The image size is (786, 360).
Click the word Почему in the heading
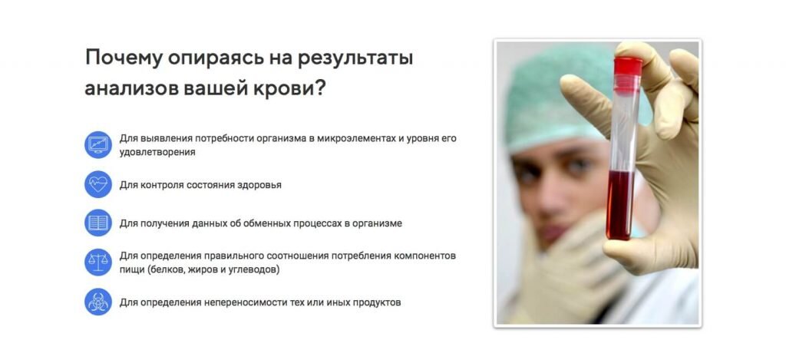[124, 58]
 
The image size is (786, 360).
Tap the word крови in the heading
[290, 88]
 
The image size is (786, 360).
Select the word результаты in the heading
[355, 59]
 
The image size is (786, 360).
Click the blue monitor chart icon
[98, 145]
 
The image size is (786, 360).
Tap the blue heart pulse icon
[98, 184]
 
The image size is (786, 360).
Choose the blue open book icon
[98, 223]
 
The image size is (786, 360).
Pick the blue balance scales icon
[98, 263]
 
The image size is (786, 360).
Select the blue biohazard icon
[98, 302]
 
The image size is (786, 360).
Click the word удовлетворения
[157, 152]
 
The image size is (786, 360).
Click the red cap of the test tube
[628, 67]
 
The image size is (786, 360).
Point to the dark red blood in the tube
[620, 205]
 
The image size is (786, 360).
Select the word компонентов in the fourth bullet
[425, 256]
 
